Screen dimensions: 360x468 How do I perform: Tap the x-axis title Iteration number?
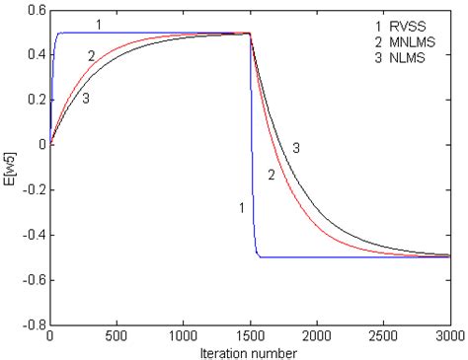click(x=249, y=350)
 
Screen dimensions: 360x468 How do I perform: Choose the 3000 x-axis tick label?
click(x=448, y=335)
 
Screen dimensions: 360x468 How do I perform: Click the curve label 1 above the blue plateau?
click(x=98, y=22)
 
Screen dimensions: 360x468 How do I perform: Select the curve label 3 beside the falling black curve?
click(x=296, y=147)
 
